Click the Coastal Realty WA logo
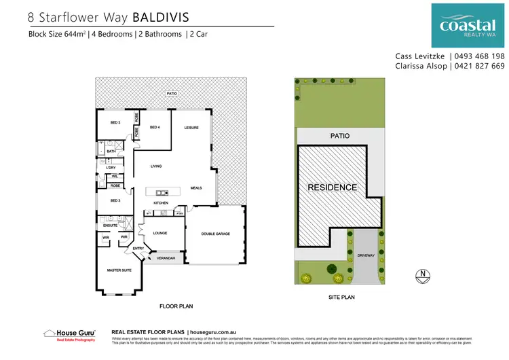click(468, 25)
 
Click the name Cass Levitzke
click(420, 56)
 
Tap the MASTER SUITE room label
click(119, 270)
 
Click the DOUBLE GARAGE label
click(215, 234)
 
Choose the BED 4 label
click(154, 127)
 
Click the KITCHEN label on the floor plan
click(160, 203)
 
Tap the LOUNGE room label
click(159, 232)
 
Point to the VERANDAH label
click(167, 258)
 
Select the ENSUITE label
click(111, 226)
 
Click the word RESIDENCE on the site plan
click(333, 187)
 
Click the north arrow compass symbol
click(423, 275)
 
